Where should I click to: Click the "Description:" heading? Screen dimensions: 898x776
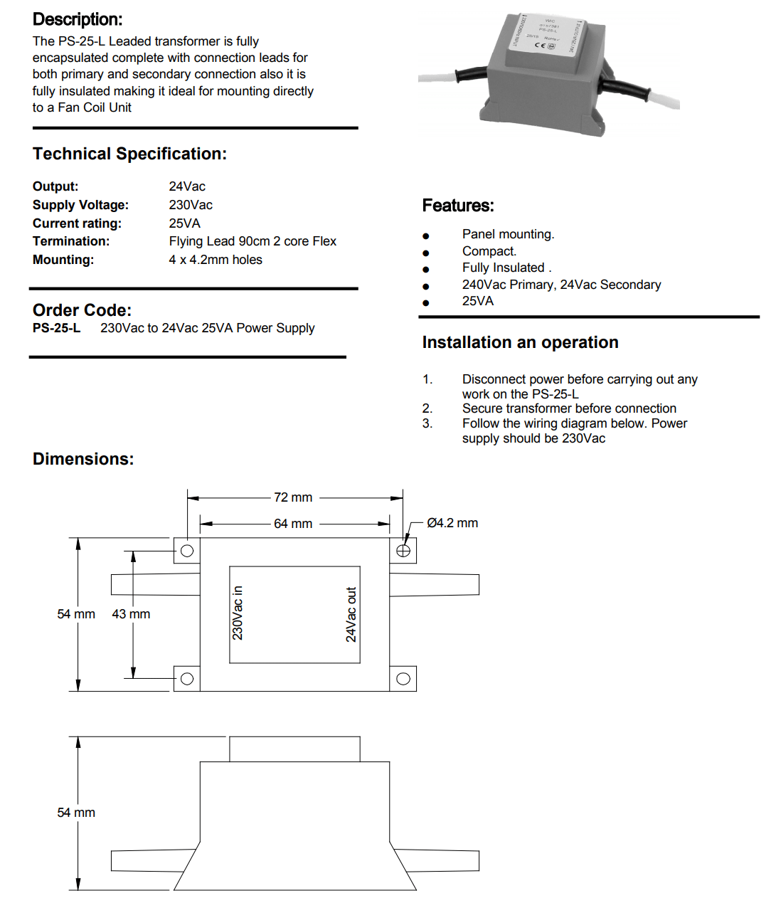pyautogui.click(x=78, y=19)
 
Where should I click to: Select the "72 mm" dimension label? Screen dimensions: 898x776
pyautogui.click(x=293, y=497)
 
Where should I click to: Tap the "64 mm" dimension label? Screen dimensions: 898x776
pyautogui.click(x=293, y=524)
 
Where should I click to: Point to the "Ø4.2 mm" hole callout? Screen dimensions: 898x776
pyautogui.click(x=452, y=523)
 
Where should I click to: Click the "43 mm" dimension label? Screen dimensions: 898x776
pyautogui.click(x=131, y=614)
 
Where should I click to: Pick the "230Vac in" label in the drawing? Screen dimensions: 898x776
pyautogui.click(x=238, y=613)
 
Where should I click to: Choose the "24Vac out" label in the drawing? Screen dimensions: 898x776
pyautogui.click(x=351, y=614)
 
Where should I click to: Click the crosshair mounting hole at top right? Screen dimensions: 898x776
pyautogui.click(x=403, y=551)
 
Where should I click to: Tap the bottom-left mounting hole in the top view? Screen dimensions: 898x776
pyautogui.click(x=187, y=679)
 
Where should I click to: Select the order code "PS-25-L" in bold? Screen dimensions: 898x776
pyautogui.click(x=56, y=328)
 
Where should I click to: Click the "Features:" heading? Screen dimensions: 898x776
pyautogui.click(x=457, y=206)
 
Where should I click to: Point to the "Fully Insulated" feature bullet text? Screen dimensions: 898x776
pyautogui.click(x=504, y=268)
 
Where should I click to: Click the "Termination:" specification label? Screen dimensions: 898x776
pyautogui.click(x=71, y=241)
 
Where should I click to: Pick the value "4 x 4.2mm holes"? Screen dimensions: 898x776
pyautogui.click(x=216, y=260)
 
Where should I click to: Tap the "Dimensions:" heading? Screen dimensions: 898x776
pyautogui.click(x=83, y=459)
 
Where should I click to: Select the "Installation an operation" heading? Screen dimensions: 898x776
pyautogui.click(x=520, y=342)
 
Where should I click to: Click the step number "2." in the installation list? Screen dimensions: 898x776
pyautogui.click(x=427, y=408)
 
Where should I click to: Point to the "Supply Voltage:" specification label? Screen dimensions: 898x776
pyautogui.click(x=80, y=205)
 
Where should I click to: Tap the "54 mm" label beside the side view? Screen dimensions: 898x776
pyautogui.click(x=76, y=813)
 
